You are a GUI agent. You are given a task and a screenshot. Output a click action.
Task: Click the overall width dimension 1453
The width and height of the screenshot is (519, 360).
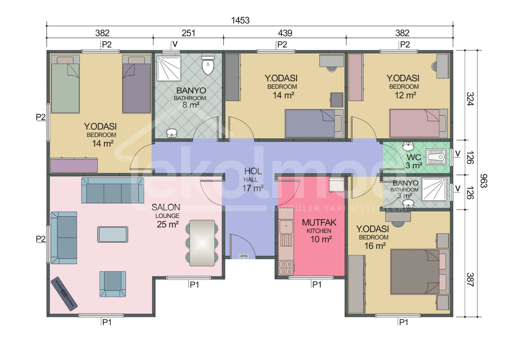click(x=240, y=20)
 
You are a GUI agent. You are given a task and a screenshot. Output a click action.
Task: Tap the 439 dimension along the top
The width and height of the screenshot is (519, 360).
click(x=285, y=33)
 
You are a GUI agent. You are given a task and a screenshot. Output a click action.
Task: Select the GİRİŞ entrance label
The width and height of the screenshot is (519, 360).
click(x=244, y=256)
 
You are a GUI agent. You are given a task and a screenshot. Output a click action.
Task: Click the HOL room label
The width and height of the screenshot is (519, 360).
click(x=253, y=171)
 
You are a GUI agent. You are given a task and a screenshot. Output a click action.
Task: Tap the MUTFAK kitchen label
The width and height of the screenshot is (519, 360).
click(x=319, y=223)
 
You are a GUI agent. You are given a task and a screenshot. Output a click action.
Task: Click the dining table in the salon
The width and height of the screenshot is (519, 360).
click(x=202, y=243)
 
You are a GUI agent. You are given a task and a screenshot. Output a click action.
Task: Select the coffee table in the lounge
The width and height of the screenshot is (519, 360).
click(x=112, y=234)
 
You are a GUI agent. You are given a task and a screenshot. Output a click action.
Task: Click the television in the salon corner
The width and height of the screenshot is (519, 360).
click(x=64, y=294)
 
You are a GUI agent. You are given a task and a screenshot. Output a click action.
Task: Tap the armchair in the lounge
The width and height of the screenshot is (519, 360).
click(x=113, y=284)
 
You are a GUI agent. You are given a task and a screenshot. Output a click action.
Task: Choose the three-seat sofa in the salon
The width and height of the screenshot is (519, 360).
click(x=112, y=190)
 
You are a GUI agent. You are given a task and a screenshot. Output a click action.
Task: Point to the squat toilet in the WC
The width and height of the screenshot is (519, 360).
click(x=437, y=157)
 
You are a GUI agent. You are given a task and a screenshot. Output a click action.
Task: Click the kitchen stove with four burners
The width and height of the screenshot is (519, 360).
click(x=286, y=268)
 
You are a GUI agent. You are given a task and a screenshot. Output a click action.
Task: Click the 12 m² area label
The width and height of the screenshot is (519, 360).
click(x=405, y=95)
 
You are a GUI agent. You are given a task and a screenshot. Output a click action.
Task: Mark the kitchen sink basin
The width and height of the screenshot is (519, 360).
click(x=286, y=226)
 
